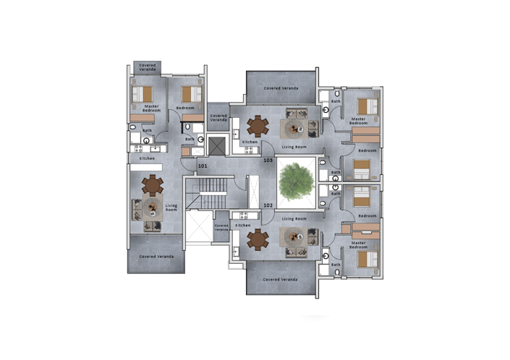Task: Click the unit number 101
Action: (x=203, y=166)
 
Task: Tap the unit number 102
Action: (x=268, y=205)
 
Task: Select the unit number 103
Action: (x=268, y=160)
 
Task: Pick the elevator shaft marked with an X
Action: (x=217, y=144)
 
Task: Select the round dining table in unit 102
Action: (x=258, y=239)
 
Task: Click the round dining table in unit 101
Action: (x=152, y=186)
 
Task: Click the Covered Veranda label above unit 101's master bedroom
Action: (x=148, y=67)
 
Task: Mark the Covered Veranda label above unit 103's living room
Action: (x=281, y=88)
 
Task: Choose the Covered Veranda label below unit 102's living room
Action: (x=281, y=279)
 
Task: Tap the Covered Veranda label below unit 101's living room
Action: (x=156, y=257)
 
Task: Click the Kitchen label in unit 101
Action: (x=147, y=158)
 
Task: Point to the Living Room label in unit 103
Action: (x=294, y=147)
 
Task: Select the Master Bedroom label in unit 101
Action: (x=150, y=108)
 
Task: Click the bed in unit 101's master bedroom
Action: (x=143, y=94)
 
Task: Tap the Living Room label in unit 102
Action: (x=294, y=218)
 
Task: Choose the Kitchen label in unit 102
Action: (x=243, y=225)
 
